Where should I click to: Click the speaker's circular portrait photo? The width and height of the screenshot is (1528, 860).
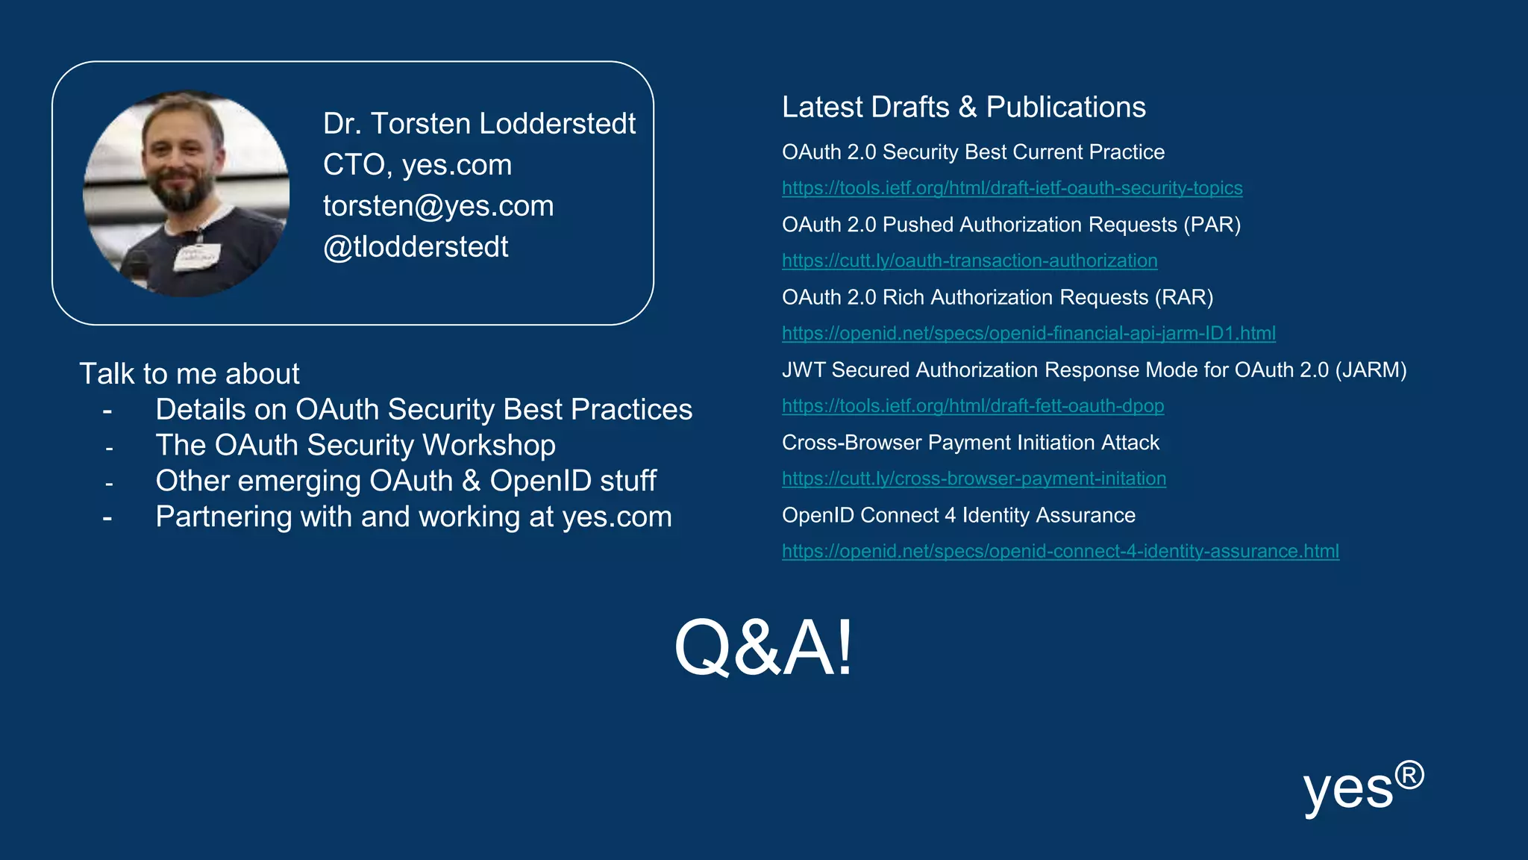click(186, 193)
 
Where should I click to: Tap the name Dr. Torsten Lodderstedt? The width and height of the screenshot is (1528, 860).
click(479, 124)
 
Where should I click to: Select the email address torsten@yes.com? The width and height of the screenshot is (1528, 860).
click(438, 206)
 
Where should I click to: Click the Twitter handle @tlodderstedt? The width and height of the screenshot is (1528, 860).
click(416, 247)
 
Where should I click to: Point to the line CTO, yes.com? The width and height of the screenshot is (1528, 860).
click(417, 165)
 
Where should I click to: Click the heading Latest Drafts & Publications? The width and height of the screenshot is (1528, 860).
click(963, 107)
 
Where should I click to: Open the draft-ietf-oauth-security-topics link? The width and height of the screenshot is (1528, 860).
click(1012, 188)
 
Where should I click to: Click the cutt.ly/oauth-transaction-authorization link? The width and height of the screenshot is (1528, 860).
click(969, 261)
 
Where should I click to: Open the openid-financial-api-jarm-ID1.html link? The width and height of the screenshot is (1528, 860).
click(1028, 333)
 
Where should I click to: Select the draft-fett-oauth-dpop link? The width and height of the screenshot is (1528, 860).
click(972, 406)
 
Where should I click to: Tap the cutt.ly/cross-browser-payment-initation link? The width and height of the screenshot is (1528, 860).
click(974, 479)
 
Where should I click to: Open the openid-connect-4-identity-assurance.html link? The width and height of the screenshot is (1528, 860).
click(1060, 551)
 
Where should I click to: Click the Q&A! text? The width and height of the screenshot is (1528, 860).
click(763, 647)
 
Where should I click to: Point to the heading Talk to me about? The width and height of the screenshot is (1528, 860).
click(190, 374)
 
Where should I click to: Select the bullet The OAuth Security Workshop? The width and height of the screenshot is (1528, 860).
click(355, 446)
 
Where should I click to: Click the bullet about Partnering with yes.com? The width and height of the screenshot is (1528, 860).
click(413, 517)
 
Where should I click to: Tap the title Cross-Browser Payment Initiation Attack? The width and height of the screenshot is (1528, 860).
click(970, 443)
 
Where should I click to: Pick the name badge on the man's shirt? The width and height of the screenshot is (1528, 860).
click(197, 256)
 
